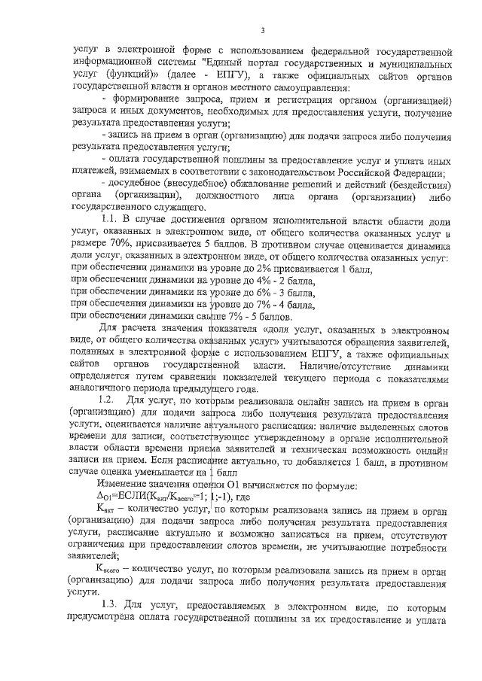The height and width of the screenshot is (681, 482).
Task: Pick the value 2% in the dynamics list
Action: click(x=234, y=267)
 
